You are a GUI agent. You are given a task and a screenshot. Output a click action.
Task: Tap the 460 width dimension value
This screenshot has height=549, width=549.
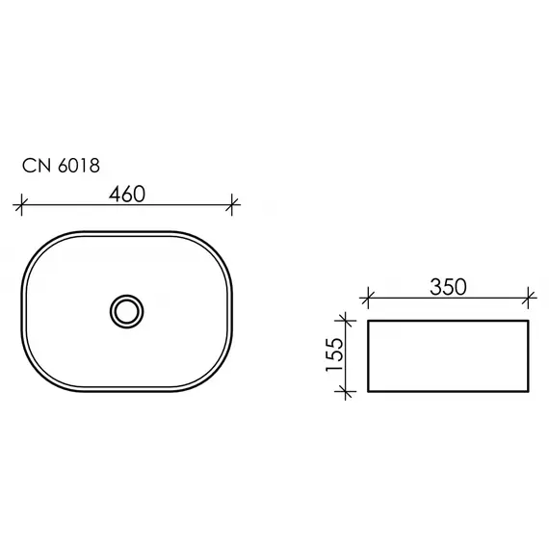coord(127,194)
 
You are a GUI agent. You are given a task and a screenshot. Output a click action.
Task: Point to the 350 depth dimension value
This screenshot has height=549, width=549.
coord(449,286)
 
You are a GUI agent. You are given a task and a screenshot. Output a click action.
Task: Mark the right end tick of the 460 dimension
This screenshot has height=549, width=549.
coord(233,204)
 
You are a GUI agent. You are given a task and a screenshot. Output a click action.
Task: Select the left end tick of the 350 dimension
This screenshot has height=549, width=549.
coord(370,297)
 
